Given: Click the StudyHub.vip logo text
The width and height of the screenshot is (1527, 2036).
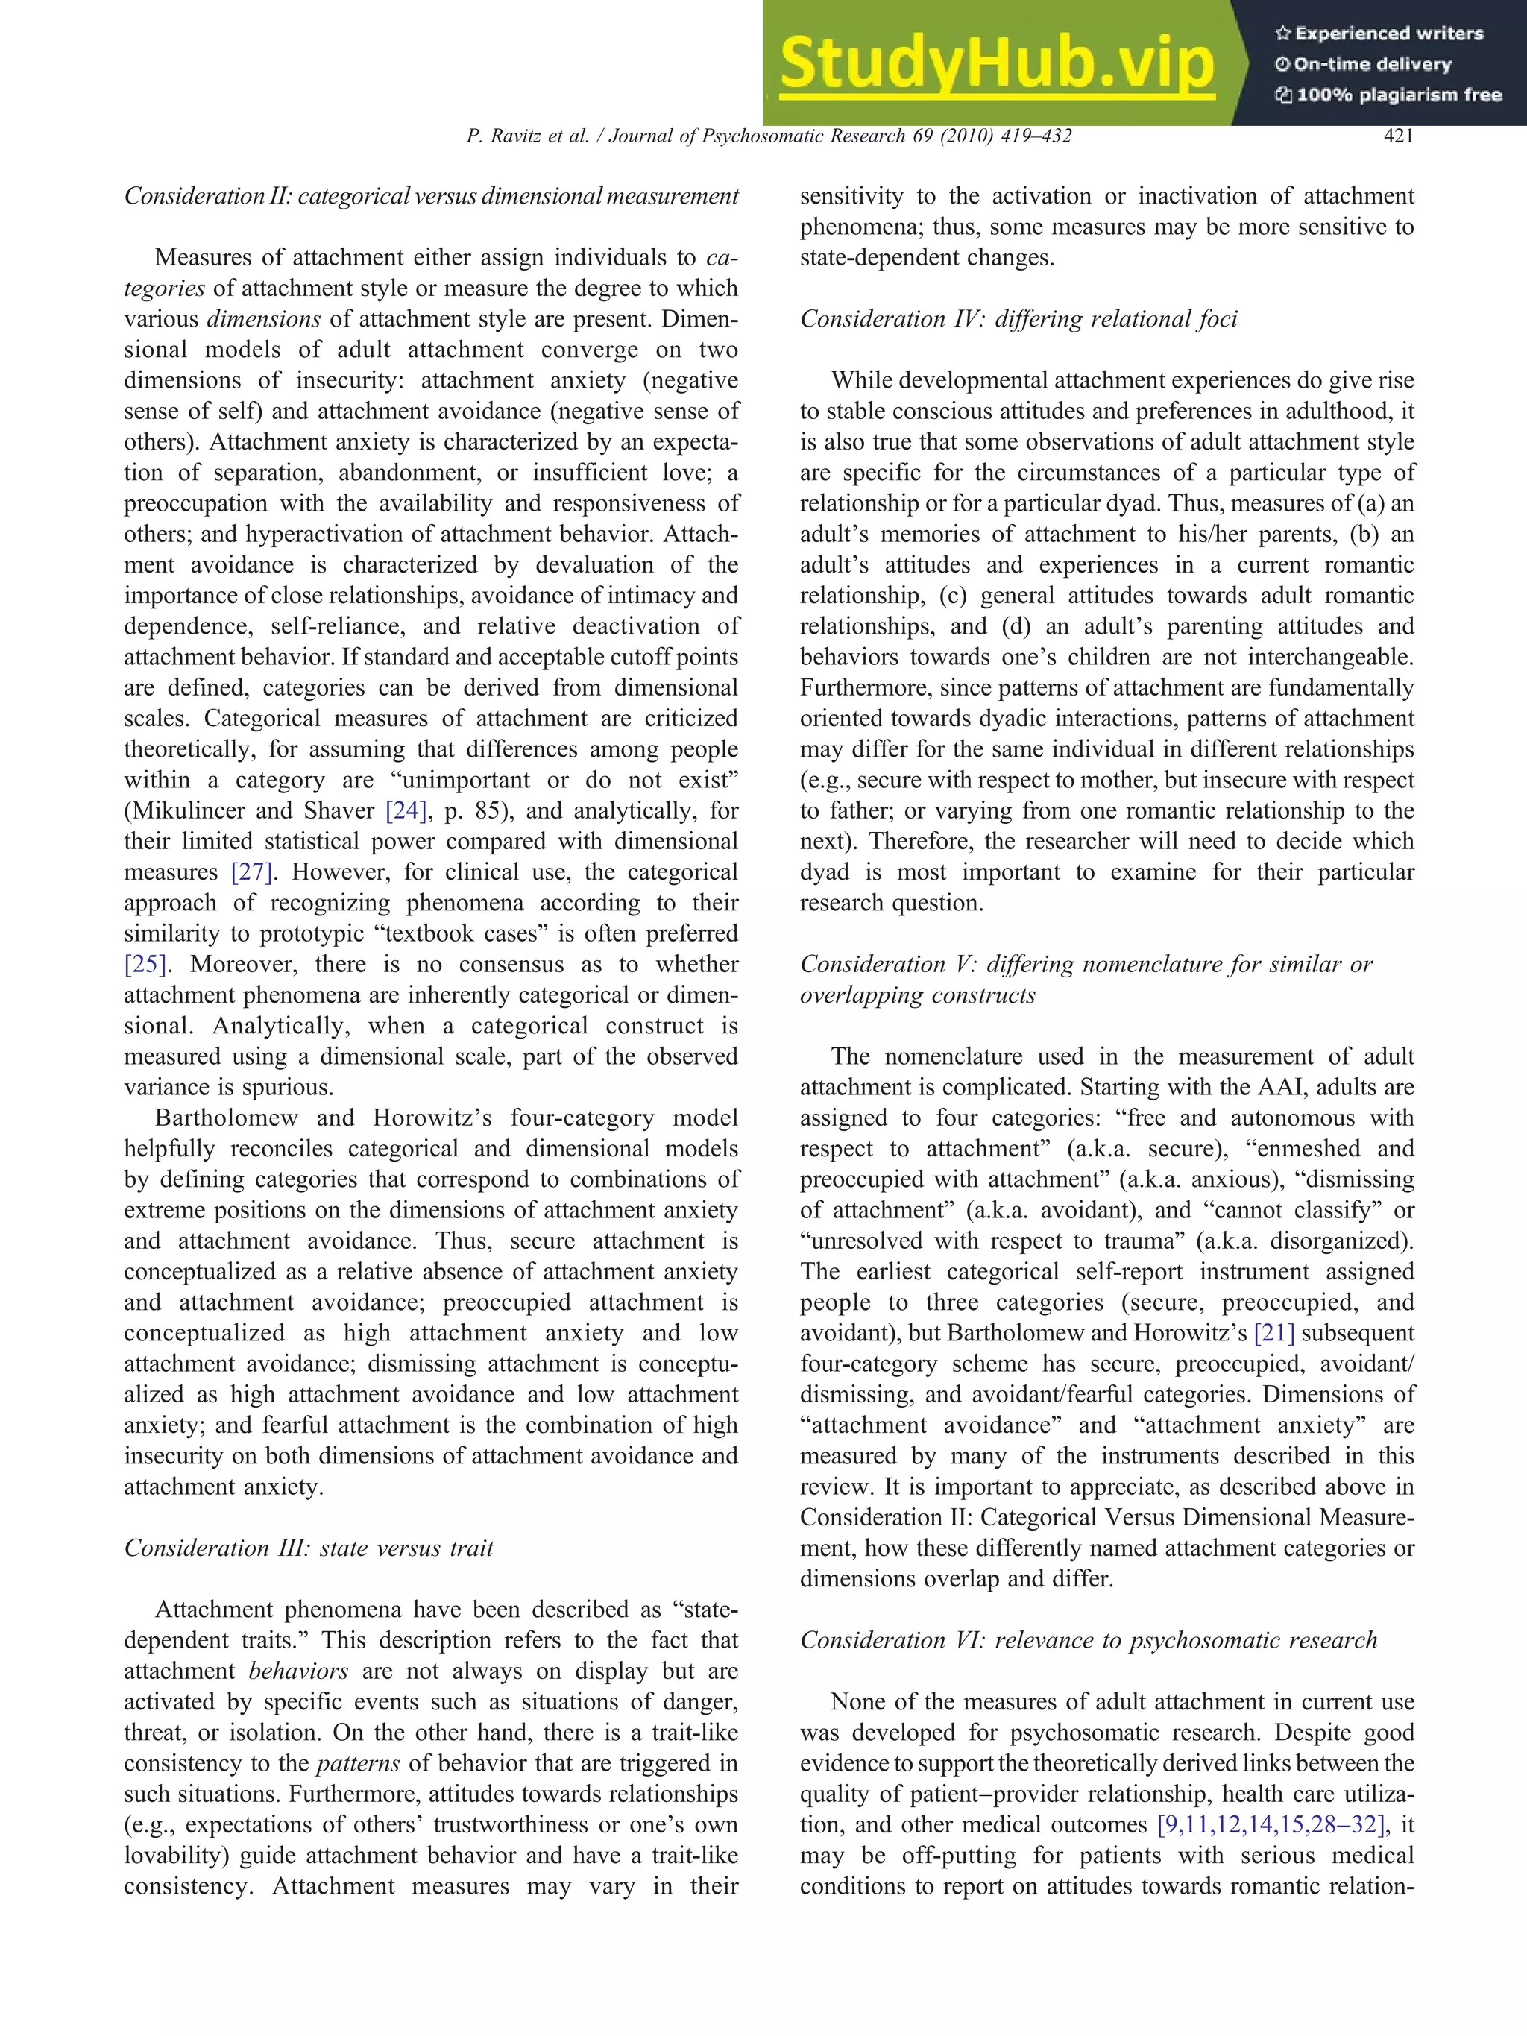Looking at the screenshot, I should [x=996, y=63].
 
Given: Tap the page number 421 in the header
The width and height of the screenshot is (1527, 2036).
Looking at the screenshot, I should [x=1398, y=136].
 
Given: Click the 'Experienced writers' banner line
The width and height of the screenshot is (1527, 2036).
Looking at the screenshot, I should [x=1379, y=33].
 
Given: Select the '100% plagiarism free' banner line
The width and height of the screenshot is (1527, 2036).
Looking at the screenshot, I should [x=1388, y=95].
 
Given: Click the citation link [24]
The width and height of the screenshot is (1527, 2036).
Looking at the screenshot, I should [x=406, y=811].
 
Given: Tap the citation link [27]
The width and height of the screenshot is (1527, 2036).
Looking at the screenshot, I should [x=251, y=872].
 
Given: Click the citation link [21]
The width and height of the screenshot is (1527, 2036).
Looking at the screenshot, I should [x=1275, y=1334].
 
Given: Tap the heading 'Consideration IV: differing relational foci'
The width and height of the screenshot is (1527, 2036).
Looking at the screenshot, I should [x=1018, y=319].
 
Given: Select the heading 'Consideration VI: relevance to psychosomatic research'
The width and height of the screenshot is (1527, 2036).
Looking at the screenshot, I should [x=1088, y=1640].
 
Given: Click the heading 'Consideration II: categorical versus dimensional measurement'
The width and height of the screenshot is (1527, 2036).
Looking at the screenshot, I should [x=431, y=196].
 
